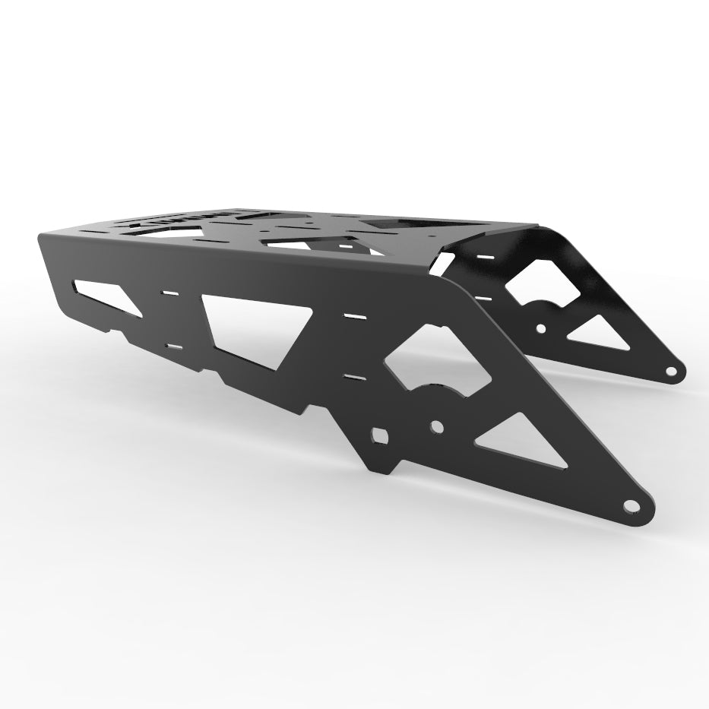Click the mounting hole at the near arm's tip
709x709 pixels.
click(630, 505)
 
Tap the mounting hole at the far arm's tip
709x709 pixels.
click(670, 372)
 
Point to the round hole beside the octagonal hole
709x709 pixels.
click(437, 426)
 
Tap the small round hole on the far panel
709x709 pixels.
click(540, 329)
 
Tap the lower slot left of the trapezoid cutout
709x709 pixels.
click(174, 347)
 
